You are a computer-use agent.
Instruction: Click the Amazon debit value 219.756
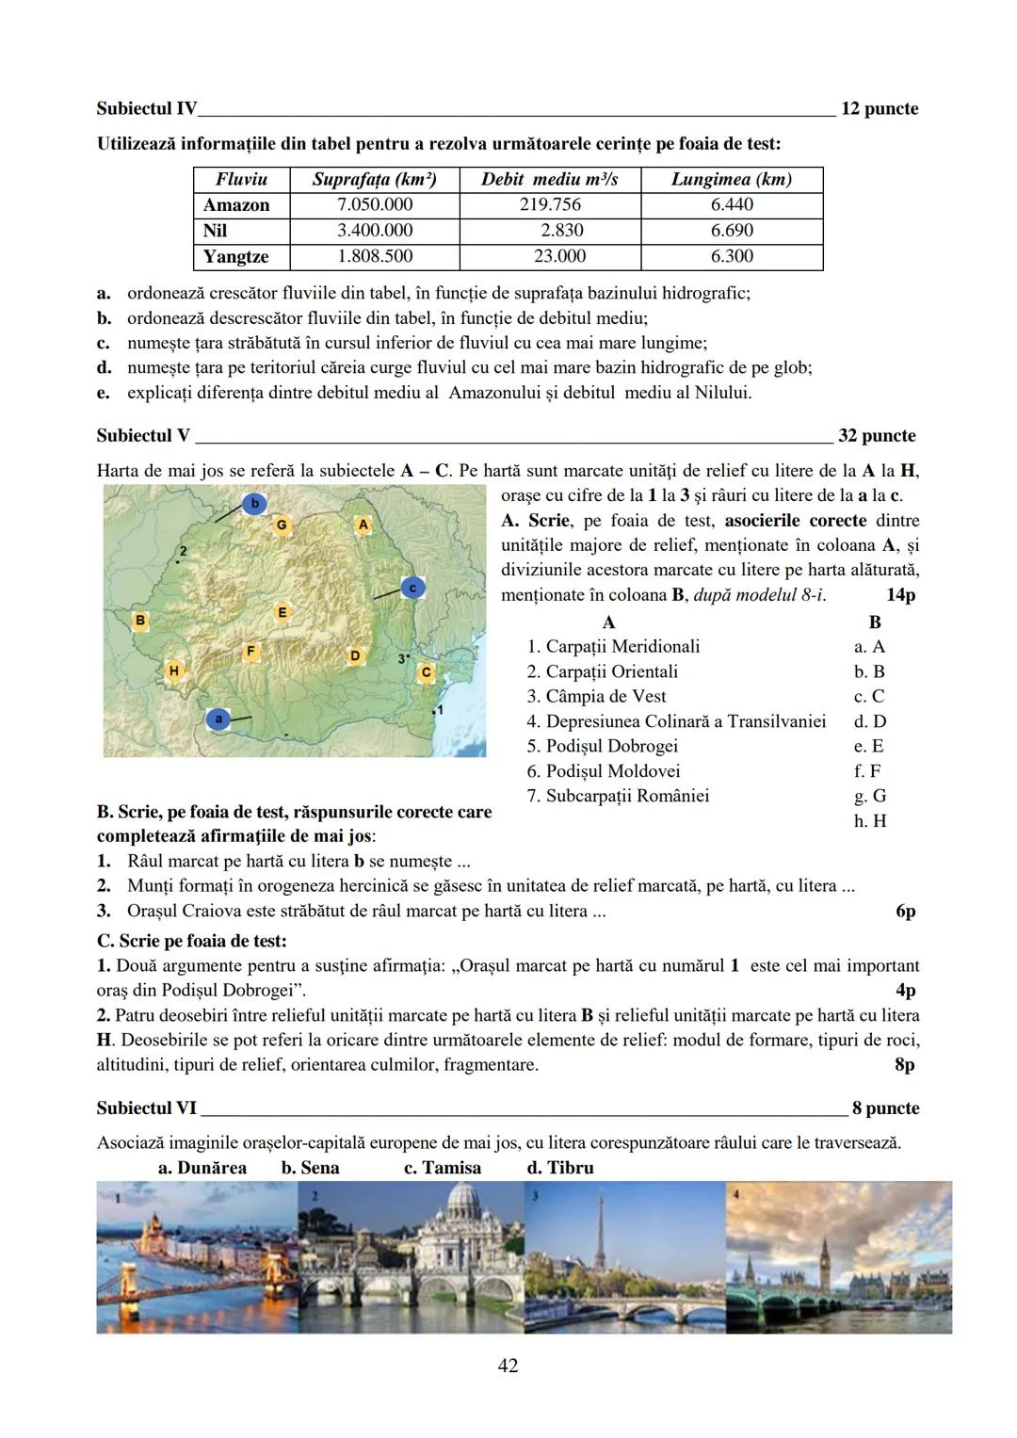coord(550,205)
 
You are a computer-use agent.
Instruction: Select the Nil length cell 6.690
coord(732,231)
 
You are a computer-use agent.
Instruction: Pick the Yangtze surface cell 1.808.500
coord(374,256)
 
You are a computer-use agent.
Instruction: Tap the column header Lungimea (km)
coord(731,179)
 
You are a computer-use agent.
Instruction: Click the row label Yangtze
coord(236,256)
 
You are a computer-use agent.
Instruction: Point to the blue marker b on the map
coord(253,504)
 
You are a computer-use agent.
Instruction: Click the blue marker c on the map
coord(412,587)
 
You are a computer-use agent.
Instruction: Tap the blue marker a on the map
coord(218,719)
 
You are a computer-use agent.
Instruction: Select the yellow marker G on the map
coord(282,524)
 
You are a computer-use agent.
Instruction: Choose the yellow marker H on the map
coord(173,671)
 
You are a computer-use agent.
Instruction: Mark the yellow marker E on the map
coord(282,612)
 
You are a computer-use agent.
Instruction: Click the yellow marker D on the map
coord(355,655)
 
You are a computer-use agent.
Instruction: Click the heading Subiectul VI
coord(146,1108)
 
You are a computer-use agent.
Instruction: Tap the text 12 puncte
coord(879,109)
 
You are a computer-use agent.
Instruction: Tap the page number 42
coord(508,1365)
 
